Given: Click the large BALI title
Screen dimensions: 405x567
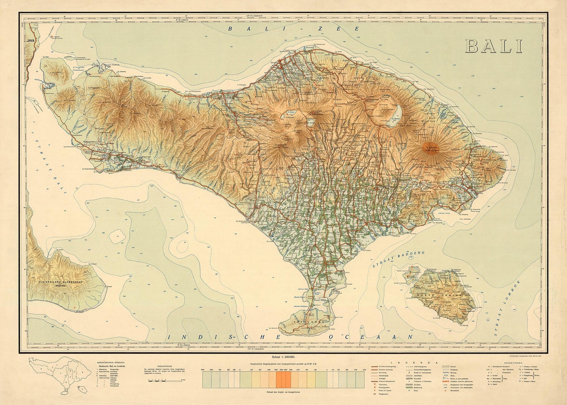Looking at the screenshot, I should tap(494, 46).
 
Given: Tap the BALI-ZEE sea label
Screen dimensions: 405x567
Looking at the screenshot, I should tap(293, 29).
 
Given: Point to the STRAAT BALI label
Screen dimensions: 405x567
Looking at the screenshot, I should tap(51, 166).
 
